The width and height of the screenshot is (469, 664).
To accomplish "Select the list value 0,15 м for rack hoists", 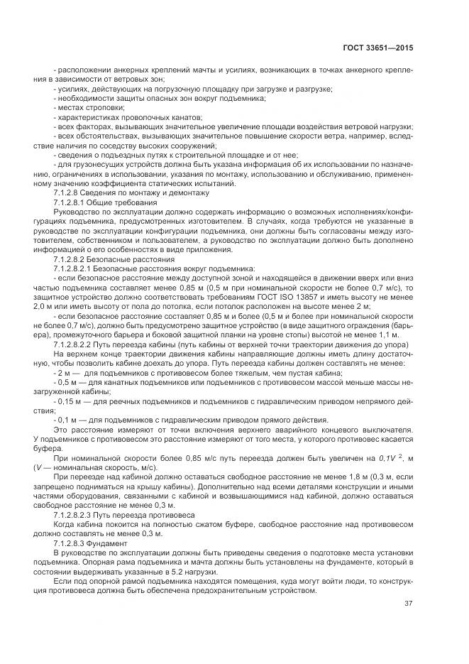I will click(67, 401).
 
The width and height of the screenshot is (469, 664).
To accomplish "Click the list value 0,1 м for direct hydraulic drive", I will click(65, 419).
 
